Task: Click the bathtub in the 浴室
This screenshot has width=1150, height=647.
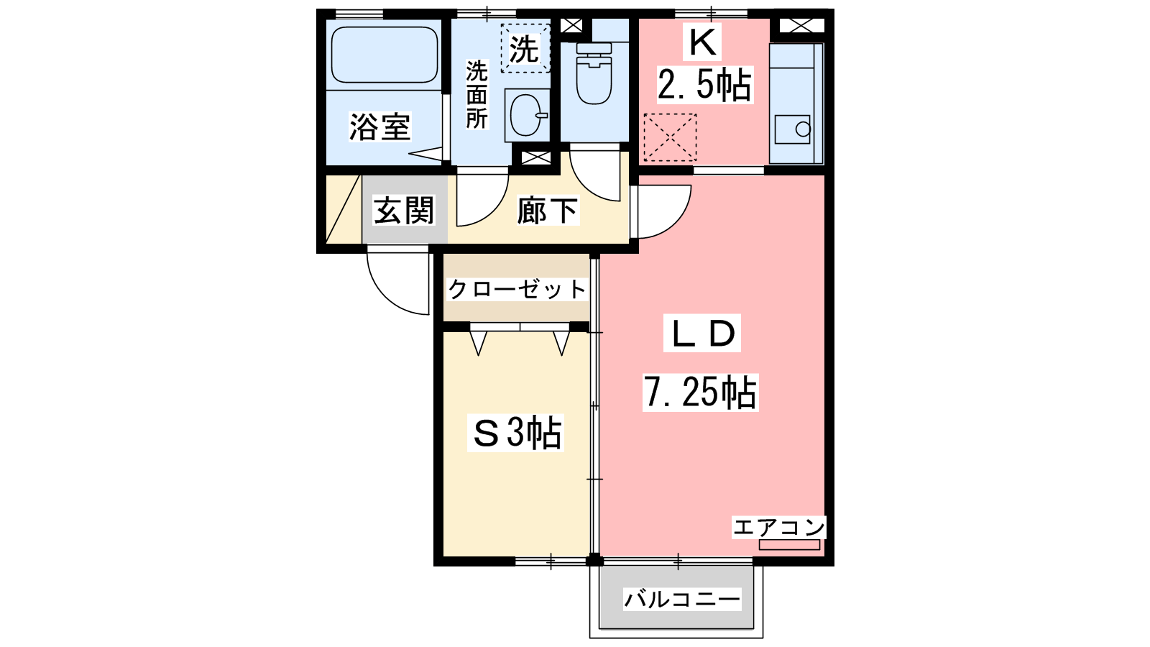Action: [x=385, y=55]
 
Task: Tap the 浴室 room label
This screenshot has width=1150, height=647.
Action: [x=380, y=127]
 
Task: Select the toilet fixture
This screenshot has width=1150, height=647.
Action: [x=594, y=73]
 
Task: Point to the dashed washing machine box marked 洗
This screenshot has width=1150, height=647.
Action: [x=525, y=48]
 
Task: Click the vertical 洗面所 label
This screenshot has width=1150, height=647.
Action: [x=477, y=94]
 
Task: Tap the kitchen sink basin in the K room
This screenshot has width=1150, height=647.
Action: [x=792, y=129]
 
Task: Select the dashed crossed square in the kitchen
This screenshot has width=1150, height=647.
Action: [x=670, y=137]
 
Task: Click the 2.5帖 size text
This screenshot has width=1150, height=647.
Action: [x=704, y=86]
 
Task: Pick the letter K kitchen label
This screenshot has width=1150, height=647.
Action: [x=702, y=42]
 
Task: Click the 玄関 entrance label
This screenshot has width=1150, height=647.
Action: [x=404, y=210]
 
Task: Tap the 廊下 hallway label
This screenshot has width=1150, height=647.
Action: [x=547, y=211]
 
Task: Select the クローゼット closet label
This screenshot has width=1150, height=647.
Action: [x=517, y=290]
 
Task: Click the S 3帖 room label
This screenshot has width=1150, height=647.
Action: [x=516, y=432]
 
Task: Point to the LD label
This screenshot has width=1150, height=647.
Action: [x=701, y=333]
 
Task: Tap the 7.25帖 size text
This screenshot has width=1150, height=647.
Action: [x=700, y=393]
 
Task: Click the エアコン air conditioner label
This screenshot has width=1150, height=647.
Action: [x=778, y=528]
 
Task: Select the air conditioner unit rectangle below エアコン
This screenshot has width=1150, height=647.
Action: [x=789, y=545]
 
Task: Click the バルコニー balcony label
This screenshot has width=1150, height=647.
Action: [x=682, y=600]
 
